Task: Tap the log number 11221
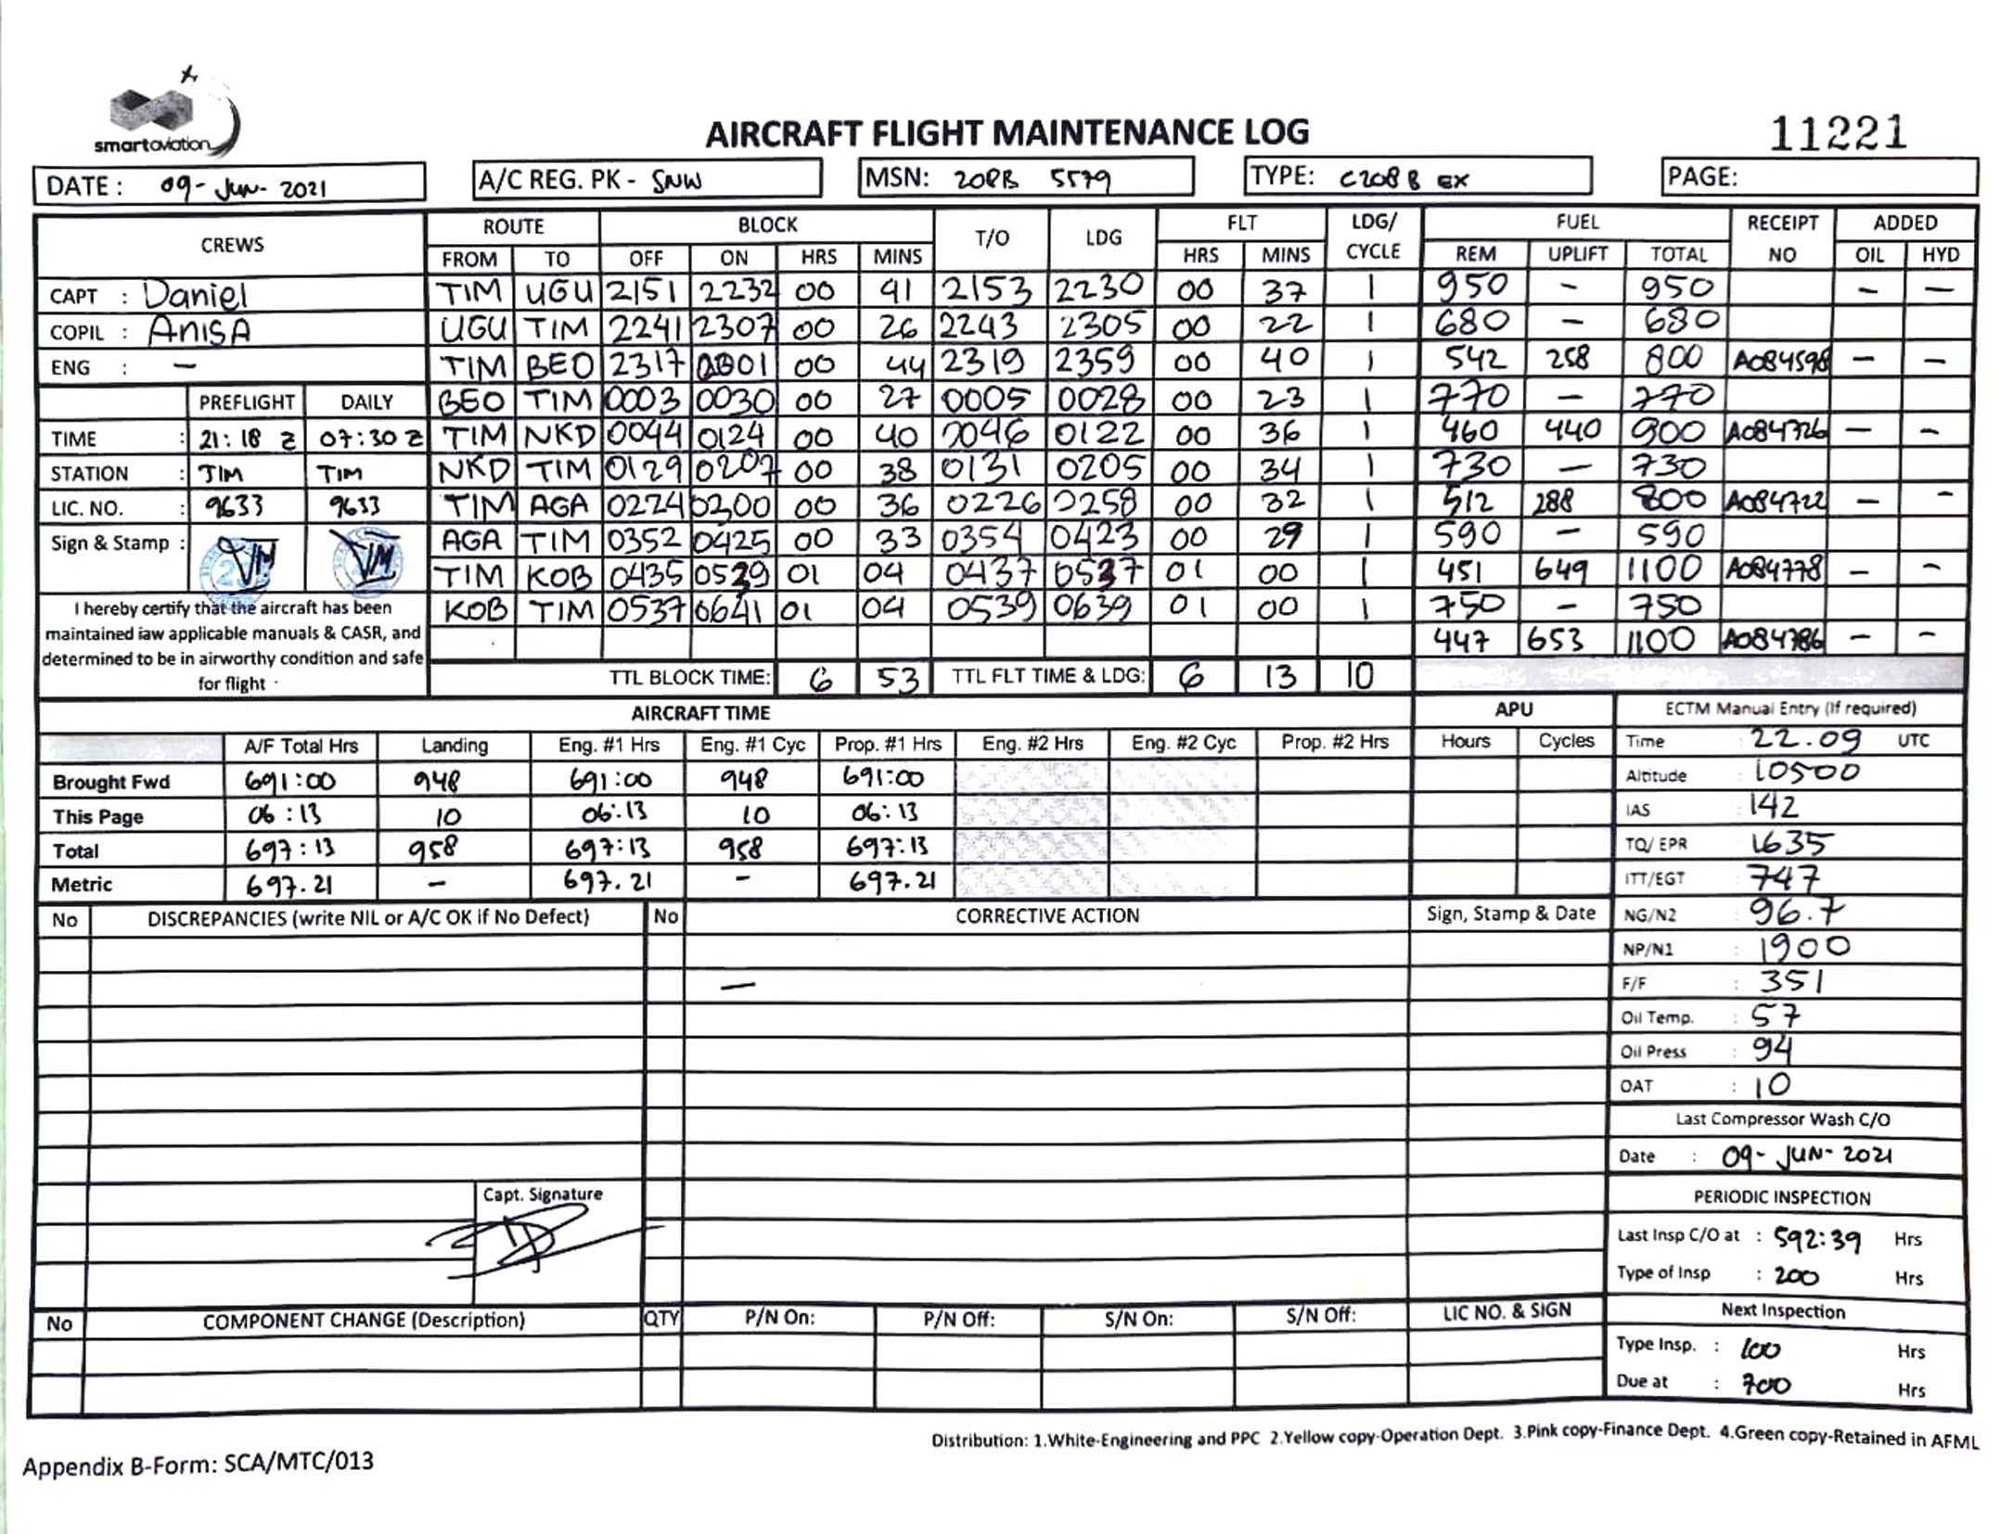[1837, 134]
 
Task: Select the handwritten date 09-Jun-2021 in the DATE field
[243, 187]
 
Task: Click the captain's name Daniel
[195, 295]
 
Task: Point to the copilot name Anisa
[199, 330]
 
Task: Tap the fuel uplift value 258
[1567, 359]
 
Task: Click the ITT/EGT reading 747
[1782, 876]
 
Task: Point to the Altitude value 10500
[1805, 772]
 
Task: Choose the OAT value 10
[1771, 1084]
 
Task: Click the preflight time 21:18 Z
[246, 439]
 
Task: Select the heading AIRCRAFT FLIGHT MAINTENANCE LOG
[1007, 134]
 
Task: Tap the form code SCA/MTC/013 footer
[198, 1464]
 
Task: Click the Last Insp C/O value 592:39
[1816, 1238]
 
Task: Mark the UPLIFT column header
[1576, 254]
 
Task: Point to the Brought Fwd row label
[111, 782]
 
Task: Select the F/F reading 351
[1790, 981]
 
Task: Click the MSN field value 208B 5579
[1031, 179]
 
